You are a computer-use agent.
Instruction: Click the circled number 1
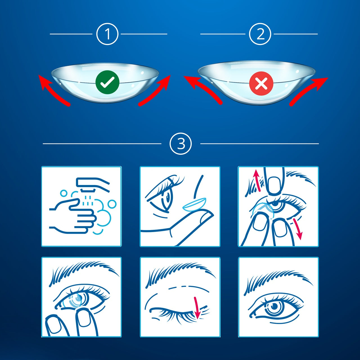coord(107,34)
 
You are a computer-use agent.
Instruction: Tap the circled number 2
coord(260,34)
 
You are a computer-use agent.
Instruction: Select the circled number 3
coord(181,143)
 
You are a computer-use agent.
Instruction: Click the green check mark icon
coord(107,82)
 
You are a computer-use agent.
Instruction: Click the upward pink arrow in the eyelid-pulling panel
coord(257,181)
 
